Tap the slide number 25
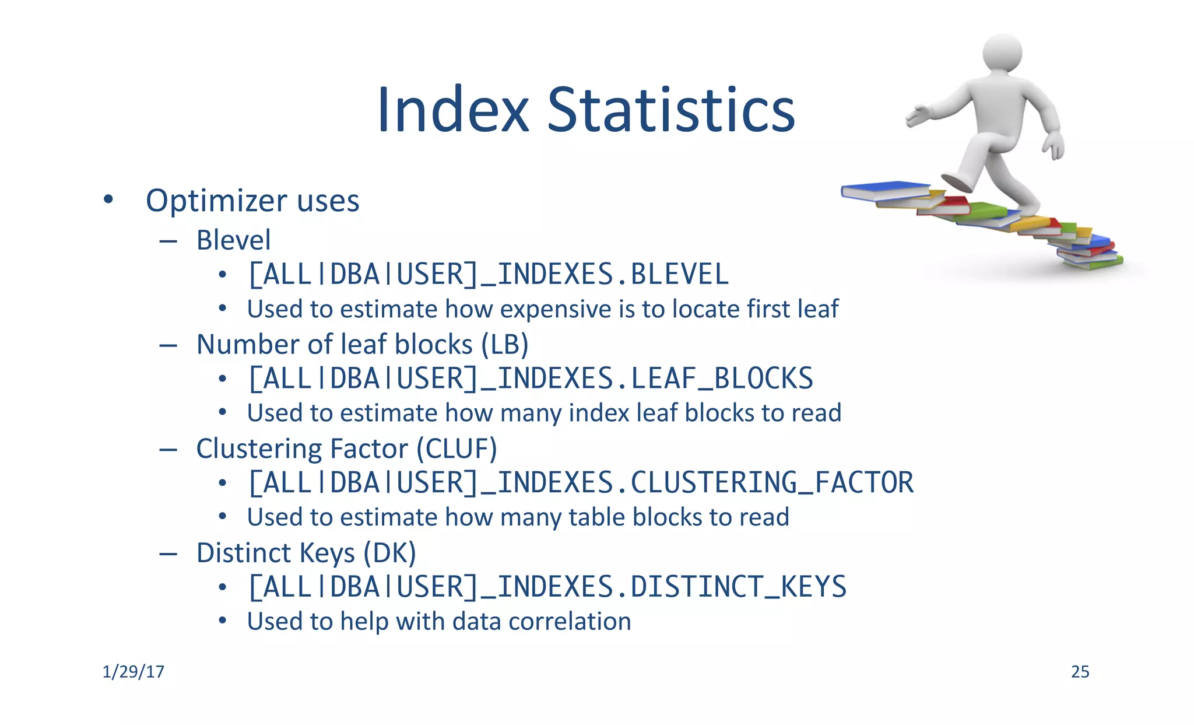(1080, 672)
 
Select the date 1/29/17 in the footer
(133, 672)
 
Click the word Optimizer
(216, 201)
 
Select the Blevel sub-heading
(233, 240)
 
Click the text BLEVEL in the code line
(679, 275)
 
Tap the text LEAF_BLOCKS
(722, 379)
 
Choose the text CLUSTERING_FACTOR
(771, 483)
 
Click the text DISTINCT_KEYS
(738, 587)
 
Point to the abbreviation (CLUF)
(456, 449)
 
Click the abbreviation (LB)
(505, 345)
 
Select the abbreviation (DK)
(389, 553)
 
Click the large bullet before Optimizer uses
(108, 199)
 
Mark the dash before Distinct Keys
(168, 554)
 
